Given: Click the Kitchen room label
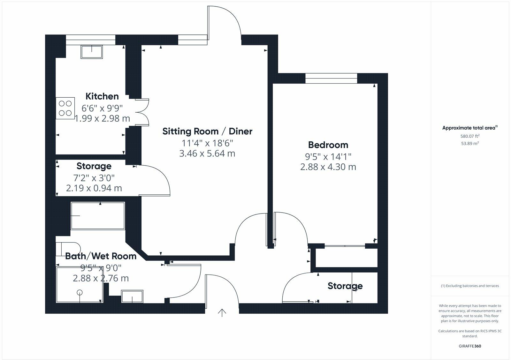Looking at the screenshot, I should coord(102,96).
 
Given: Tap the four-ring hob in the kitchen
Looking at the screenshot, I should coord(65,108).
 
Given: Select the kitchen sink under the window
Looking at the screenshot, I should coord(92,52).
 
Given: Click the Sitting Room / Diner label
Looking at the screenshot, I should coord(207,131).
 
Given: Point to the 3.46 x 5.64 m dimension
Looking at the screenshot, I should coord(207,154).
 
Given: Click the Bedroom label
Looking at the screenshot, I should coord(328,145).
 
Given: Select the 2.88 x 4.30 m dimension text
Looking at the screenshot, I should coord(328,167).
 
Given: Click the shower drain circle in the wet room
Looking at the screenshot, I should coord(80,292).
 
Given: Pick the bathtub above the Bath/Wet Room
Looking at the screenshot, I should coord(97,216).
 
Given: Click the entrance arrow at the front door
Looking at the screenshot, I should coord(222,313).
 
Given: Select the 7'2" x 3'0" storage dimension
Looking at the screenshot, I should coord(94,177).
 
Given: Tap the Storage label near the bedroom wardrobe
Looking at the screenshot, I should coord(345,286).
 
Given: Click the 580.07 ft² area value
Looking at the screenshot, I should coord(470,136).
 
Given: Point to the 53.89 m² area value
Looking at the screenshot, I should coord(470,143).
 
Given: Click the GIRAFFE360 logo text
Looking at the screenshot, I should coord(470,346).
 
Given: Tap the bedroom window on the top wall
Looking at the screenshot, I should coord(331,78).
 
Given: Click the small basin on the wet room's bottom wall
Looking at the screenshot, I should coord(132,296).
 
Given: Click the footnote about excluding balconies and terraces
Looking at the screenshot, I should coord(470,286).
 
